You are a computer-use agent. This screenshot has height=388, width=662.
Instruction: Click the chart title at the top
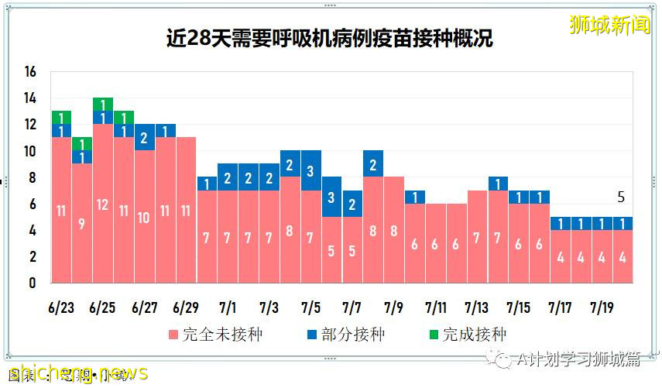click(330, 38)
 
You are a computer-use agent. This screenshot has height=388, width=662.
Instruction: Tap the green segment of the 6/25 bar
click(103, 105)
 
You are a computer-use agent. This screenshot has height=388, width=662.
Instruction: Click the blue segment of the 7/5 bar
click(311, 170)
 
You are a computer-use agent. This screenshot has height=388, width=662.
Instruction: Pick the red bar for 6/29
click(186, 210)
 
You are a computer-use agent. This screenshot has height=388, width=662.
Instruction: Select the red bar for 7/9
click(394, 230)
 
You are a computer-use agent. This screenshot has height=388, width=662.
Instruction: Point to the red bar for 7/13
click(478, 236)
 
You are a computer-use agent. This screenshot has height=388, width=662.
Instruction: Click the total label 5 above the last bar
click(620, 197)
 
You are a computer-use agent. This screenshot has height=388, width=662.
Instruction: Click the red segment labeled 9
click(82, 223)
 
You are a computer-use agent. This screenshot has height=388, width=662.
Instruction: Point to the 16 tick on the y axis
click(30, 72)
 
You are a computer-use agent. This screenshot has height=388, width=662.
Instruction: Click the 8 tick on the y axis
click(32, 177)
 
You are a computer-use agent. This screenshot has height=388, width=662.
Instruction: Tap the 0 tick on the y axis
click(32, 283)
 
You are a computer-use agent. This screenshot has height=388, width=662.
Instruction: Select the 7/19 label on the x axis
click(602, 307)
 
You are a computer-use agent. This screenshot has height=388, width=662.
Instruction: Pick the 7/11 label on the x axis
click(435, 307)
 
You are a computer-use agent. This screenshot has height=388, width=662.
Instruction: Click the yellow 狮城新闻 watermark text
click(609, 25)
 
